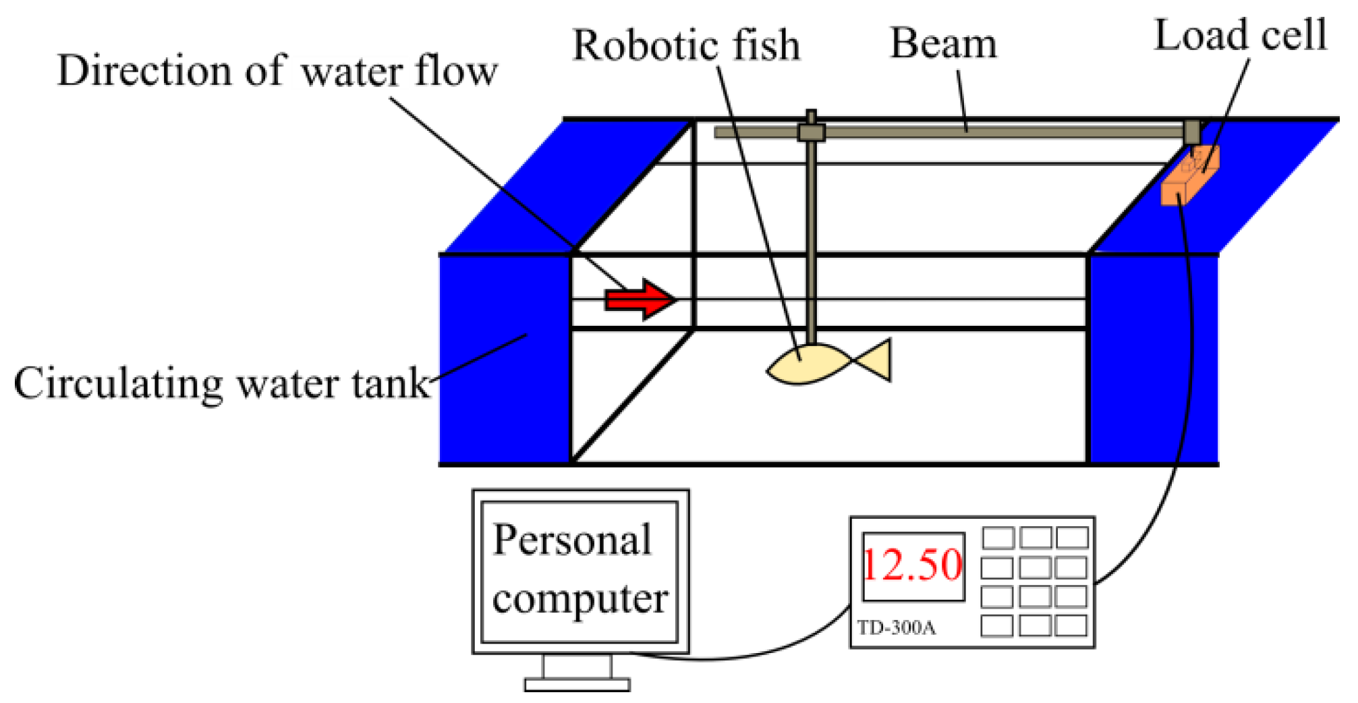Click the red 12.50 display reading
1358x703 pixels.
[x=913, y=565]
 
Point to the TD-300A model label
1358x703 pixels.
[x=896, y=628]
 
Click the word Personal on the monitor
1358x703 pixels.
[x=572, y=540]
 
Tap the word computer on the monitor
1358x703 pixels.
[x=579, y=598]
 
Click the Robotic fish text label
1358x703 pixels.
[x=686, y=46]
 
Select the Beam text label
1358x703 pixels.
[x=943, y=44]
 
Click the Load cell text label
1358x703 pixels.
[x=1240, y=35]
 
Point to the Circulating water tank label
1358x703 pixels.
[x=221, y=384]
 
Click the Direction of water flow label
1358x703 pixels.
[x=277, y=71]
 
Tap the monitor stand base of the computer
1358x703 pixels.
[x=577, y=685]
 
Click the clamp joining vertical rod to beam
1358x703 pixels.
[x=811, y=132]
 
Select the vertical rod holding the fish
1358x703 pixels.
[x=812, y=236]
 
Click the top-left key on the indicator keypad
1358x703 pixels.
[x=998, y=538]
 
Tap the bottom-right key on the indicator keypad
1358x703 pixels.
[x=1071, y=625]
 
